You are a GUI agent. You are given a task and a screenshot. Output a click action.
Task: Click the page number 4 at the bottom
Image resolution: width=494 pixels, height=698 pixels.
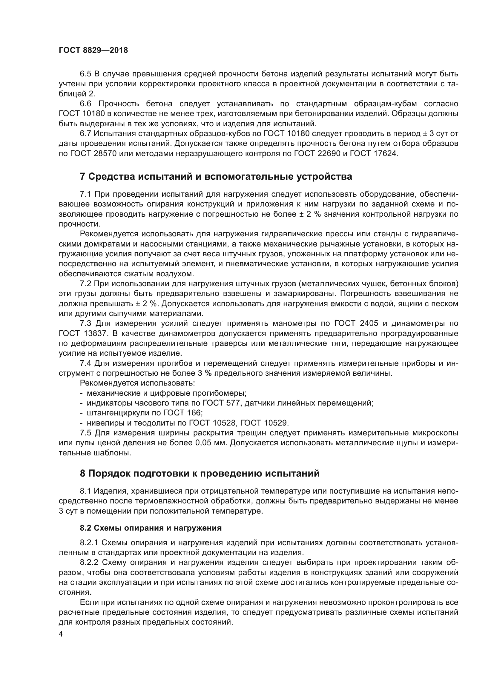61,634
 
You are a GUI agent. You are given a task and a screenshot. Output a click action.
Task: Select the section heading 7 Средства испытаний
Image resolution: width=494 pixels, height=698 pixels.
216,177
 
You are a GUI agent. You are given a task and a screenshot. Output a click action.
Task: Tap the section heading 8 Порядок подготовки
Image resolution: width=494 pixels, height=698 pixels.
200,474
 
